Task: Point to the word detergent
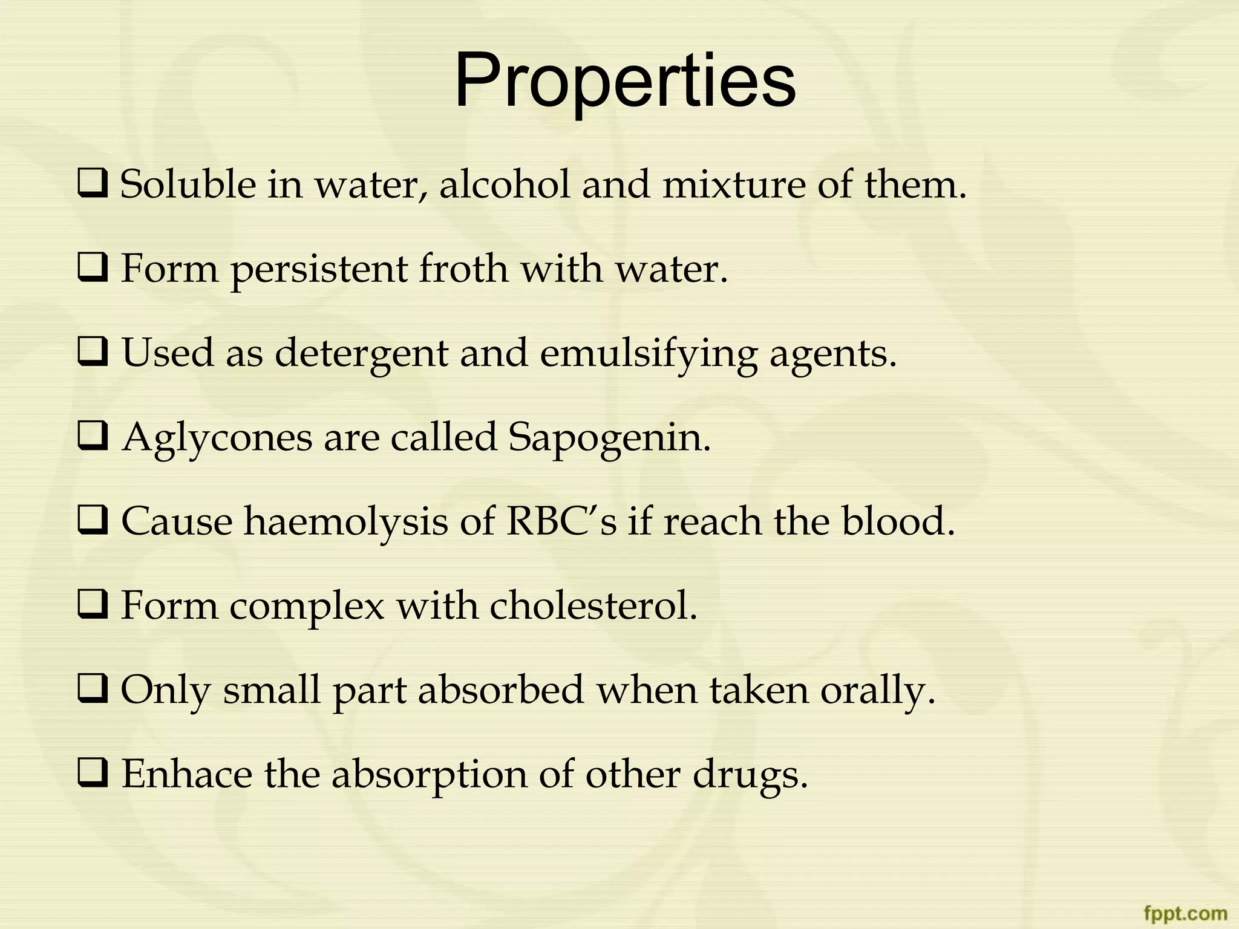361,353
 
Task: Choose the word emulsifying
648,353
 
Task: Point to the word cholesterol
593,605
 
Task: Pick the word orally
878,689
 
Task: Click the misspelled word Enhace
187,774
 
